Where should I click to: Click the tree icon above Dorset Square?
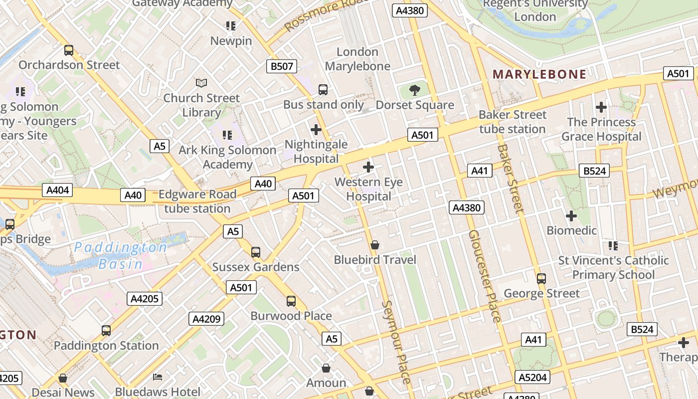(x=414, y=90)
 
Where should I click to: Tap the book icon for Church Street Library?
(x=201, y=83)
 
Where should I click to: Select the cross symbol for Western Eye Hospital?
(x=368, y=167)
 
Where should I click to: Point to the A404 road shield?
(x=58, y=190)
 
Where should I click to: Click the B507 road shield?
(x=282, y=66)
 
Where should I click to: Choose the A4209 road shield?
(x=206, y=319)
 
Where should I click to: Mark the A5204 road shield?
(x=532, y=377)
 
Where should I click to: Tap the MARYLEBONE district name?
(x=539, y=74)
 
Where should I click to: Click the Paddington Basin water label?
(x=121, y=255)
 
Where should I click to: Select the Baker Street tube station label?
(x=512, y=122)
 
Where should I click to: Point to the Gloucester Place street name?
(x=484, y=276)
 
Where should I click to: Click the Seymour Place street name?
(x=396, y=342)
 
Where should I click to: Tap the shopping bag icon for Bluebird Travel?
(x=375, y=245)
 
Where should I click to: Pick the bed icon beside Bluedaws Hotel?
(x=158, y=377)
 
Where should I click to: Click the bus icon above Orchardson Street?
(x=69, y=50)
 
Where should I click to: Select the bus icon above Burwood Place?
(x=291, y=301)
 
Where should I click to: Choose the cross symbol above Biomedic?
(x=571, y=216)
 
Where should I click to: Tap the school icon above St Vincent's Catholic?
(x=613, y=245)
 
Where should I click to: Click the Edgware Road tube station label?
(x=197, y=201)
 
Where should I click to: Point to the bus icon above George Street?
(x=541, y=279)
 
